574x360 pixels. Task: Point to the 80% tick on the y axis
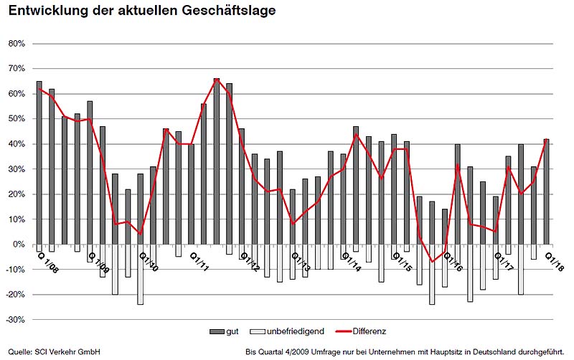(x=17, y=44)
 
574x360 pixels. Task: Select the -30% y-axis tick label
(x=16, y=320)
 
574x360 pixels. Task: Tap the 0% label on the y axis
(x=19, y=245)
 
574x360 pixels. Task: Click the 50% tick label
(x=17, y=119)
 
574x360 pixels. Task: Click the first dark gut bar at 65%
(x=39, y=163)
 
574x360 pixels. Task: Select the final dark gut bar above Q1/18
(x=546, y=191)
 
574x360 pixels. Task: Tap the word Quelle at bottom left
(x=19, y=352)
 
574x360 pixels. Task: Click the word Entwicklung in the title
(x=45, y=12)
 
